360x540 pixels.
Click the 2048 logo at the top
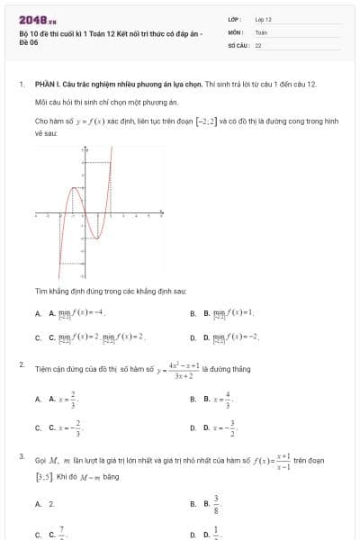pyautogui.click(x=36, y=20)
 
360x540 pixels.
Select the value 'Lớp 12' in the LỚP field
pyautogui.click(x=263, y=19)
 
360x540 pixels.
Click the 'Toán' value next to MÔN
pyautogui.click(x=261, y=31)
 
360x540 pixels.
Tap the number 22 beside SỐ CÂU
pyautogui.click(x=258, y=44)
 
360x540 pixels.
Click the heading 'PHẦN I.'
pyautogui.click(x=47, y=84)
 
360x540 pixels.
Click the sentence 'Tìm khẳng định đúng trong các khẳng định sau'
pyautogui.click(x=110, y=292)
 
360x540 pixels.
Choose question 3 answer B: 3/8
pyautogui.click(x=215, y=504)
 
